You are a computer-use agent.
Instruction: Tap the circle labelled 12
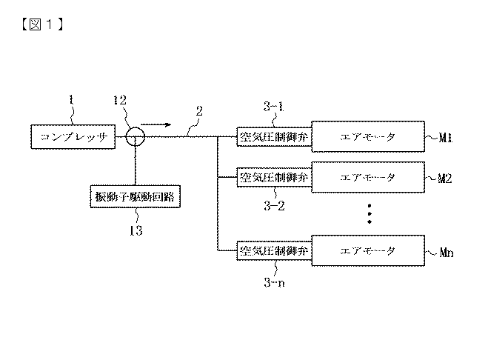point(134,137)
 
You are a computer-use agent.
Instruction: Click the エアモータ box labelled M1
point(368,137)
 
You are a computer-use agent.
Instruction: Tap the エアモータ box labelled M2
point(368,178)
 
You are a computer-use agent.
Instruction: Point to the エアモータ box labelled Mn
point(368,250)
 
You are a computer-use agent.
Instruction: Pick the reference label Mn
point(444,252)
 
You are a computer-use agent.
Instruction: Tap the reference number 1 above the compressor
point(71,97)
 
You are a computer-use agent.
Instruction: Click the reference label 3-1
point(273,108)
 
